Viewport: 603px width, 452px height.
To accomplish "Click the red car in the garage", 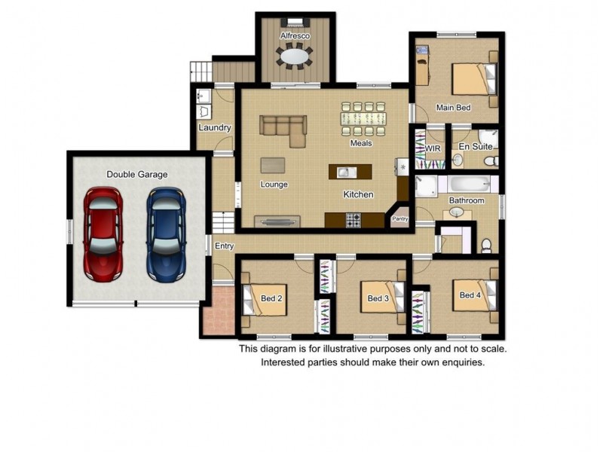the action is coord(103,234).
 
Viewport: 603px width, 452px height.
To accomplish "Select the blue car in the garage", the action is coord(166,234).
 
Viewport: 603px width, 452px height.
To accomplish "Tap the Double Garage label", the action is coord(137,175).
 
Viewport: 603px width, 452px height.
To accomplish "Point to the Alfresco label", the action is coord(295,35).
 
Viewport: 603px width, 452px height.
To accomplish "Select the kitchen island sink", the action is coord(347,172).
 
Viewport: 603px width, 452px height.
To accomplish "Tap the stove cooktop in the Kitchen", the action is coord(354,220).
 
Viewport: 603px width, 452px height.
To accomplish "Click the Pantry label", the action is coord(400,218).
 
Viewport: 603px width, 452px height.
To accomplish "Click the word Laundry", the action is coord(215,127).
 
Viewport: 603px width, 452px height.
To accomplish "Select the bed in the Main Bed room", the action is coord(474,79).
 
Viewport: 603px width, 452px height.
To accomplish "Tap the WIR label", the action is coord(433,148).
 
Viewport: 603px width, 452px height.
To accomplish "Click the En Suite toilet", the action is coord(491,161).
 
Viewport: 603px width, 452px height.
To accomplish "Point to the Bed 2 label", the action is coord(271,298).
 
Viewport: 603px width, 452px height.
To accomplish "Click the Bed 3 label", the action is coord(378,298).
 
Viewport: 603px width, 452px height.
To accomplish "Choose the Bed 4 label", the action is coord(470,295).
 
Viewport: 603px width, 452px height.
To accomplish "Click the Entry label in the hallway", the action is coord(224,246).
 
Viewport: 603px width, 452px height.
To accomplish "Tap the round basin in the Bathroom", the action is coord(457,212).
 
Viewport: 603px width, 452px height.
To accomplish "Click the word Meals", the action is coord(361,143).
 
